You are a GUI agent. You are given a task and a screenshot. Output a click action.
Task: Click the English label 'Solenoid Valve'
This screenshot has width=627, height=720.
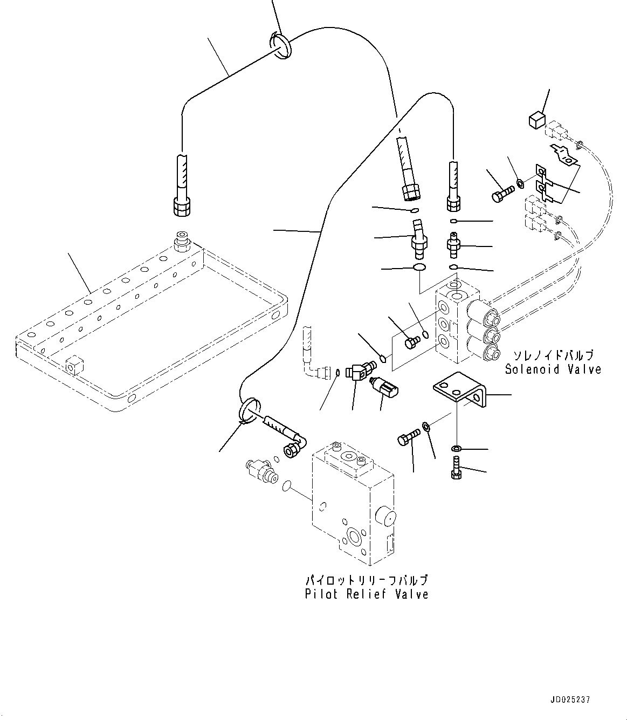tap(553, 369)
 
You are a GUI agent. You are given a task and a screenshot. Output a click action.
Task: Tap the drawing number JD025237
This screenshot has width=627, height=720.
tap(571, 700)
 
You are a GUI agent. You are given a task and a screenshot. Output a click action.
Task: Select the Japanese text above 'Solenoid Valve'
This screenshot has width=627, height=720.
tap(553, 355)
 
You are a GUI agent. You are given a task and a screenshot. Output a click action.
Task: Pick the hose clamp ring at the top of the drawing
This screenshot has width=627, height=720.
tap(280, 44)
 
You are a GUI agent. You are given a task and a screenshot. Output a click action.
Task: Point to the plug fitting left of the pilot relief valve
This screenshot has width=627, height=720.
tap(261, 469)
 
